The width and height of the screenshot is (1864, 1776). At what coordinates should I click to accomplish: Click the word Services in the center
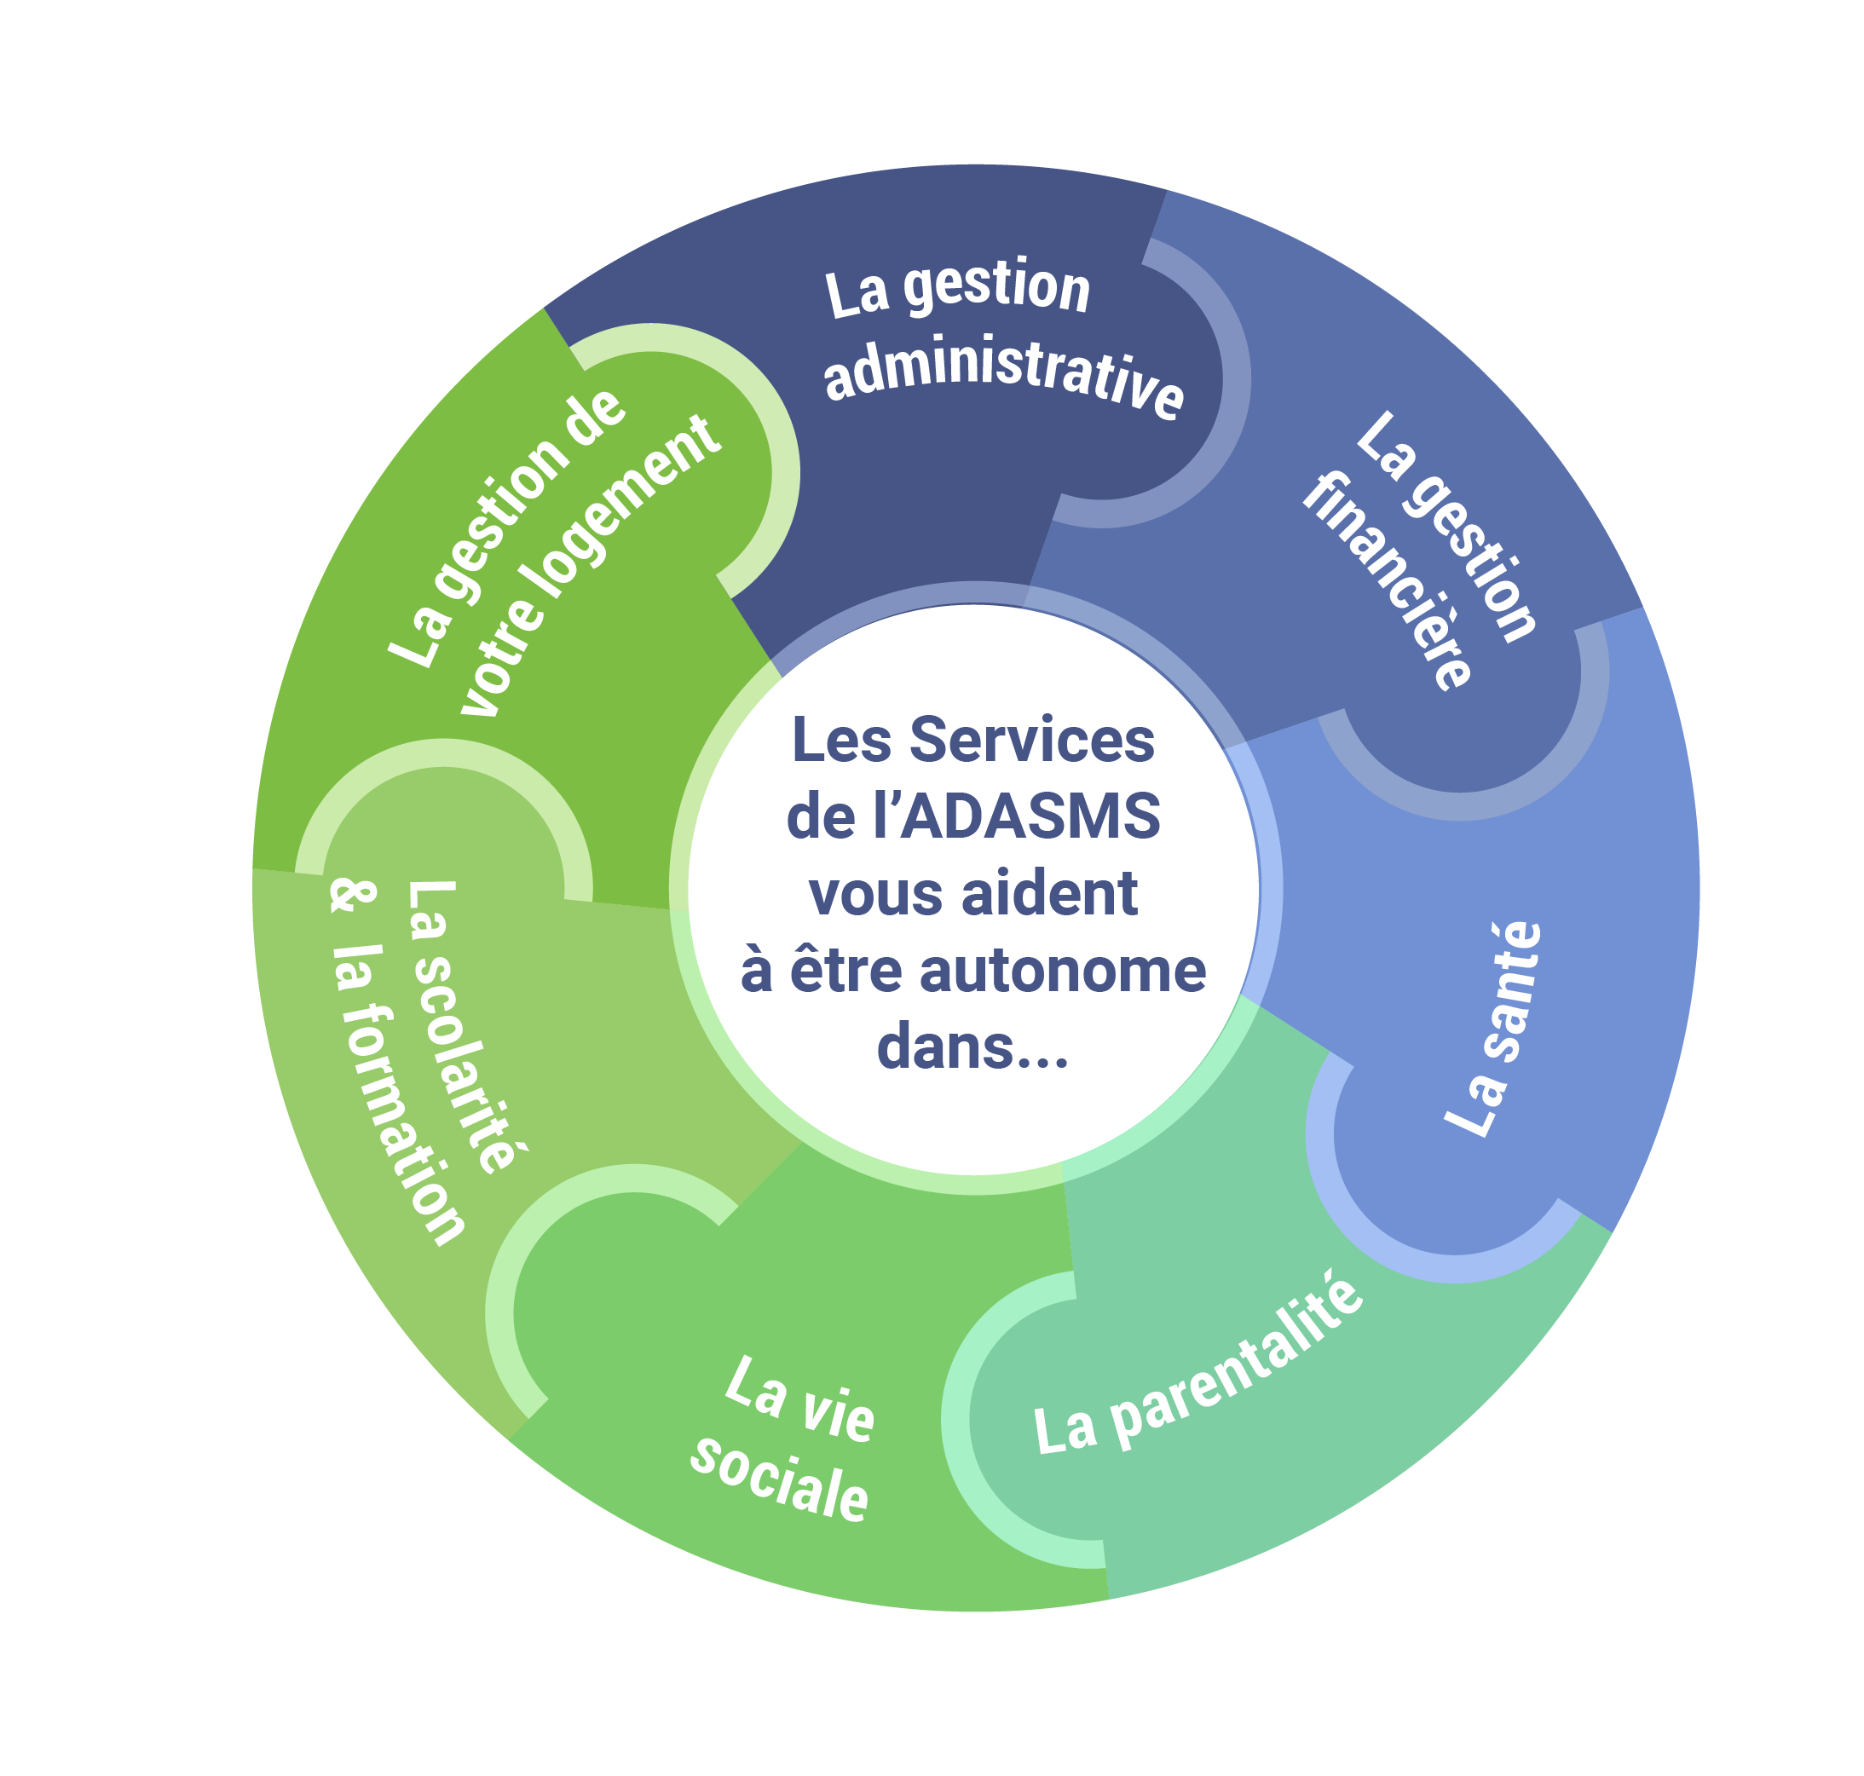coord(1031,741)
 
